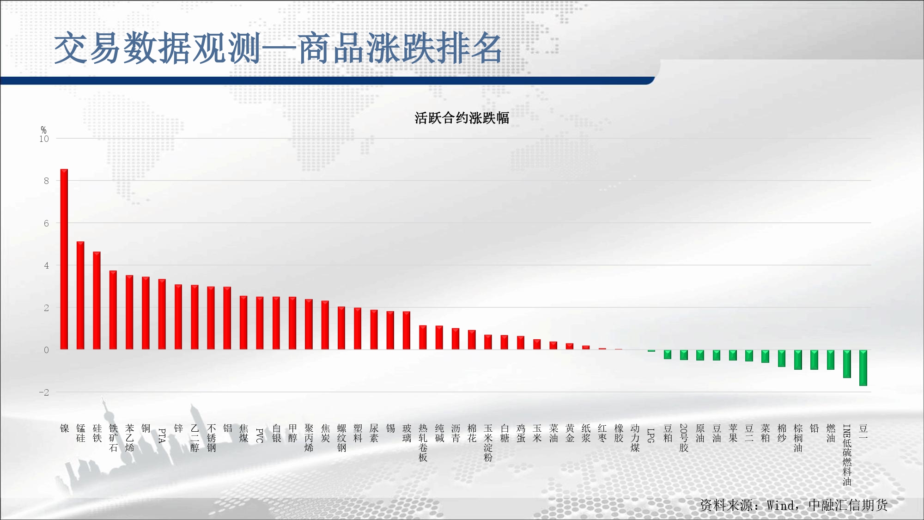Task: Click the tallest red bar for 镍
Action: pyautogui.click(x=64, y=259)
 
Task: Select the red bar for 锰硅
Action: pyautogui.click(x=80, y=295)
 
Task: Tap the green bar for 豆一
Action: pyautogui.click(x=863, y=368)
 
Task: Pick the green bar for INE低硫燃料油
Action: pyautogui.click(x=847, y=364)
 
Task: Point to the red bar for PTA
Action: pyautogui.click(x=162, y=314)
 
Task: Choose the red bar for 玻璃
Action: pyautogui.click(x=407, y=330)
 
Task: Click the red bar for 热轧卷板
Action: pyautogui.click(x=423, y=337)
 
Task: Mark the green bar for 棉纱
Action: pyautogui.click(x=782, y=358)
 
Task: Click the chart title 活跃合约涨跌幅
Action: pyautogui.click(x=462, y=118)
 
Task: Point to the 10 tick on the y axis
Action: pyautogui.click(x=44, y=139)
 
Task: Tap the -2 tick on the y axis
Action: pyautogui.click(x=44, y=392)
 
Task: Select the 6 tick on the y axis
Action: pyautogui.click(x=46, y=223)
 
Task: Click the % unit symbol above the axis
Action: pyautogui.click(x=43, y=130)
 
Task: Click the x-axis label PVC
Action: pyautogui.click(x=260, y=435)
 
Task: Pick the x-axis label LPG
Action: pyautogui.click(x=651, y=435)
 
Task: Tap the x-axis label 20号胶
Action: pyautogui.click(x=684, y=438)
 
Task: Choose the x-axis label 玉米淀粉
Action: pyautogui.click(x=488, y=443)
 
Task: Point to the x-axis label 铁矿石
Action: pyautogui.click(x=113, y=438)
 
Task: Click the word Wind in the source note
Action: pyautogui.click(x=781, y=505)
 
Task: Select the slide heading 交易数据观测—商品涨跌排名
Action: pyautogui.click(x=278, y=48)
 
